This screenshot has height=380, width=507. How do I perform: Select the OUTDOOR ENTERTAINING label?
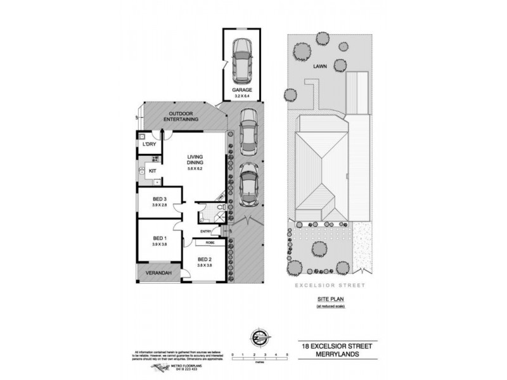tap(181, 116)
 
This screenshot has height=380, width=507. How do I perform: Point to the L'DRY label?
tap(150, 145)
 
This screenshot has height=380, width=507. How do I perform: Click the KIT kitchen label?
tap(153, 171)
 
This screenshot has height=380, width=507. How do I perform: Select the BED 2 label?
tap(205, 260)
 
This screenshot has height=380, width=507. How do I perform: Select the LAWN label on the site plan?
tap(310, 65)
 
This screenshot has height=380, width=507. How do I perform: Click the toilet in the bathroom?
tap(205, 217)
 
